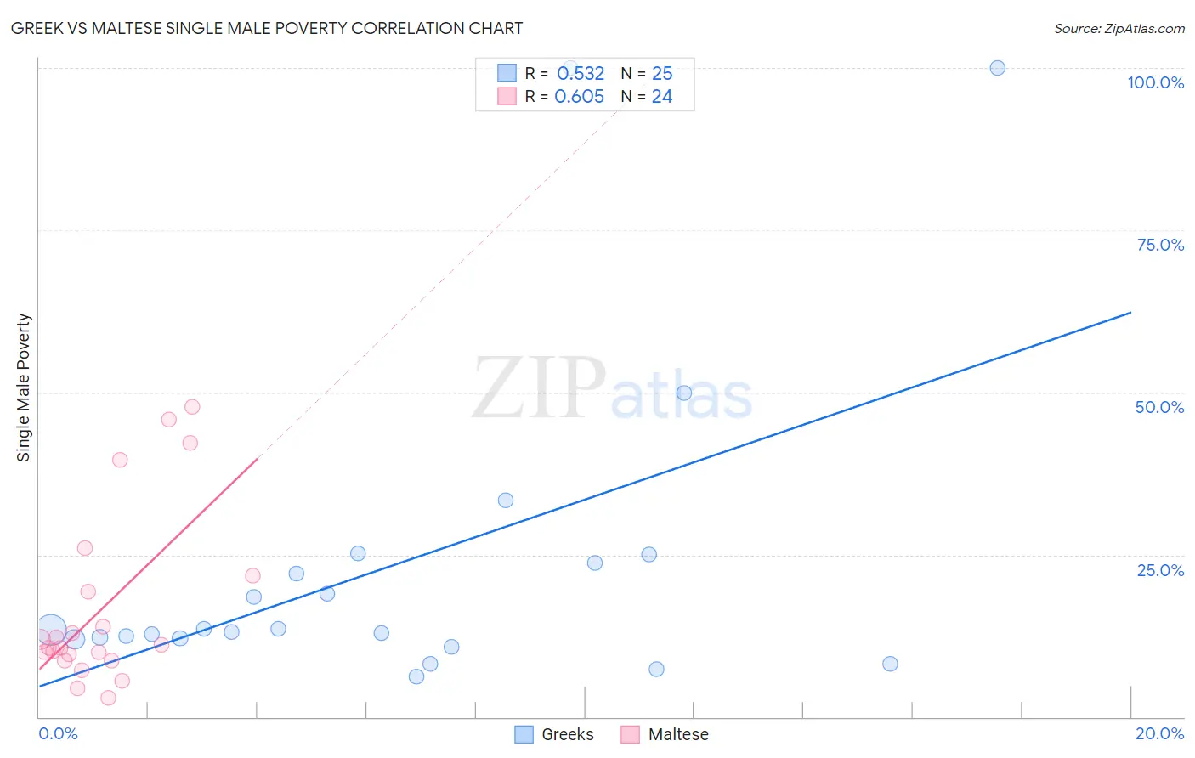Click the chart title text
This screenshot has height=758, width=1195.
(x=266, y=28)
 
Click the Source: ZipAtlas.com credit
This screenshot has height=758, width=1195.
(x=1119, y=28)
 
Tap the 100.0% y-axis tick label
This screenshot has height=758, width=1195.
(x=1155, y=82)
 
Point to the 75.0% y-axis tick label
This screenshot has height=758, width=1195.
(x=1160, y=245)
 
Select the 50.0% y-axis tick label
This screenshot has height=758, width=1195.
(x=1159, y=407)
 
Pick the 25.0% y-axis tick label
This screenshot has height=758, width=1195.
(x=1160, y=570)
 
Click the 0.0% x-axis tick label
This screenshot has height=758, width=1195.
(x=58, y=733)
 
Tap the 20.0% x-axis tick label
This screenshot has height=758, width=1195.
(x=1159, y=733)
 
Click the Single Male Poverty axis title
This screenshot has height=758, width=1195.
(x=24, y=387)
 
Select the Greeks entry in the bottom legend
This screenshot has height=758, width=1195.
(x=567, y=734)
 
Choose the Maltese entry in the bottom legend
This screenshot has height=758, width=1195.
(x=677, y=734)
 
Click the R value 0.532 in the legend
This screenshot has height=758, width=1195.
(x=581, y=73)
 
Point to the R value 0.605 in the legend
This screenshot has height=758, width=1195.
(x=579, y=97)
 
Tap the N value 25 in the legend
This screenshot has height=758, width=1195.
(x=662, y=73)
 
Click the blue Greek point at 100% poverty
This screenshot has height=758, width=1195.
(x=997, y=68)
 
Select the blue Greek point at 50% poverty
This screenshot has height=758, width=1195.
(x=683, y=393)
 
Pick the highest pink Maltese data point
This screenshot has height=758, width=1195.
(x=192, y=407)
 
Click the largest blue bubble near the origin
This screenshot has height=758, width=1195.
(x=51, y=630)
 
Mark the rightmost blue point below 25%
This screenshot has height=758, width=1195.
(x=890, y=664)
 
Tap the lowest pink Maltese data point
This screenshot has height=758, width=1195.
(x=108, y=698)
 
